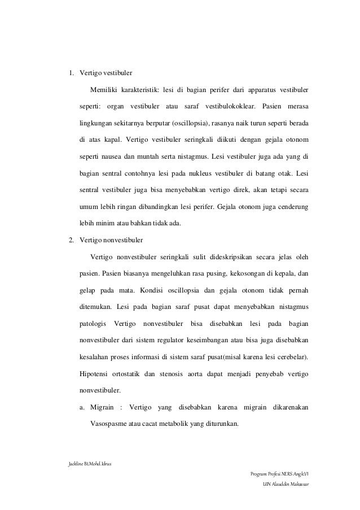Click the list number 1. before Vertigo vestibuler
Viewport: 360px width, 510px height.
pyautogui.click(x=71, y=73)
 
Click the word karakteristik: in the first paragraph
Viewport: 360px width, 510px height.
pyautogui.click(x=138, y=89)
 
